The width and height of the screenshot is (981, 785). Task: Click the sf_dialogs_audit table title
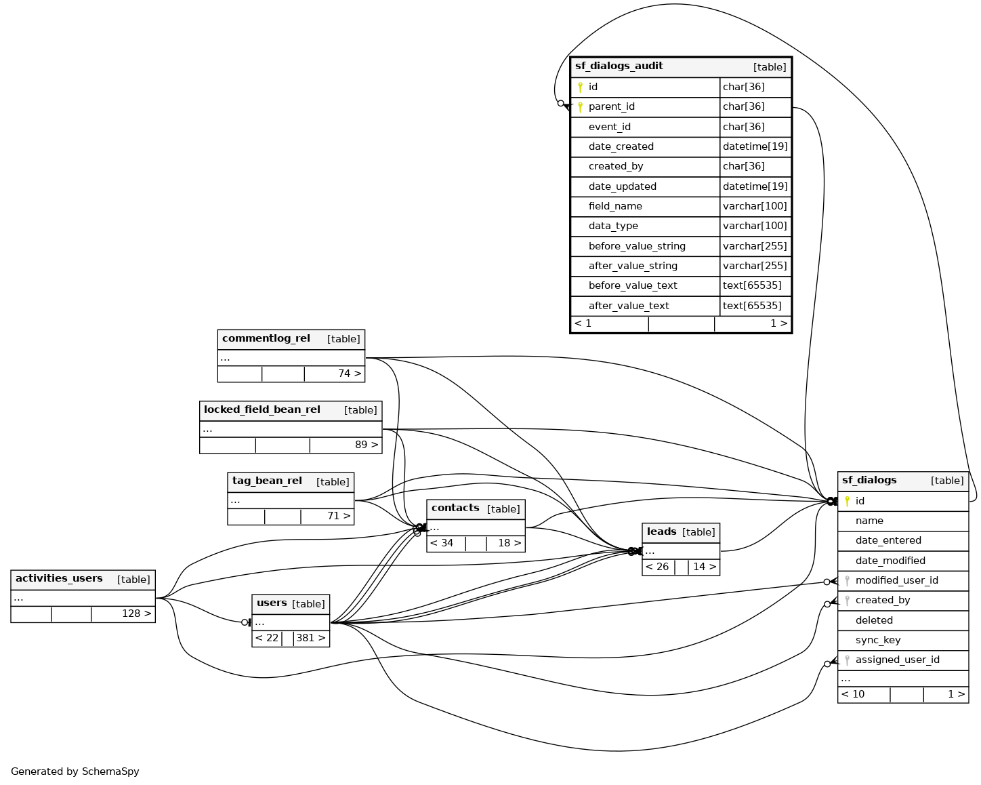(x=619, y=66)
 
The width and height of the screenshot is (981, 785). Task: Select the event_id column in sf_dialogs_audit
(x=609, y=127)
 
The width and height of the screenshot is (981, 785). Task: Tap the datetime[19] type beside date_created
(x=755, y=146)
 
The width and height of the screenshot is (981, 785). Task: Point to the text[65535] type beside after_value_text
(x=752, y=306)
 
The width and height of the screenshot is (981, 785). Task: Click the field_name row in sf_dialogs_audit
(x=614, y=206)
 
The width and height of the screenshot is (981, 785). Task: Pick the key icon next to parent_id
(x=580, y=107)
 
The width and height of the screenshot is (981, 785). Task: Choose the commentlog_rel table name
(x=266, y=339)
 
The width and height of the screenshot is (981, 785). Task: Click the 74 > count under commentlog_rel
(x=349, y=374)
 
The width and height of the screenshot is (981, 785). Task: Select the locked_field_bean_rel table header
(x=262, y=410)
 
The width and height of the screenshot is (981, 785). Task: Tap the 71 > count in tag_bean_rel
(x=339, y=516)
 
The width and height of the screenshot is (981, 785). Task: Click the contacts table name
(x=455, y=508)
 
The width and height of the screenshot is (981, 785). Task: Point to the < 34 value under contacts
(x=442, y=543)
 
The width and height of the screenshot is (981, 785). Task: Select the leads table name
(x=661, y=532)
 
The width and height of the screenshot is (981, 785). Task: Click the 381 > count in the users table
(x=310, y=638)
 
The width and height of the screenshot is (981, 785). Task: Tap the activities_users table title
(x=59, y=579)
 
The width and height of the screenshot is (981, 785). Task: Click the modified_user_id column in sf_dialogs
(x=896, y=580)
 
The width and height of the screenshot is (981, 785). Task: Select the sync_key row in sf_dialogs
(x=877, y=640)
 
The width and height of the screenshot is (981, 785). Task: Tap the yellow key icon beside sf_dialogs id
(x=847, y=501)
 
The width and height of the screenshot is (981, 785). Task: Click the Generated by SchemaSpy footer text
(x=75, y=771)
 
